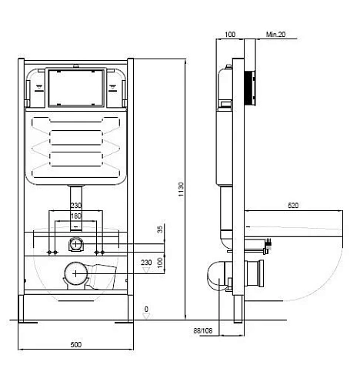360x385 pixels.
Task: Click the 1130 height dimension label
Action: (x=182, y=189)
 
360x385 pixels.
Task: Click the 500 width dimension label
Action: (x=76, y=344)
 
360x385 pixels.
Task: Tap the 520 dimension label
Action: (x=293, y=206)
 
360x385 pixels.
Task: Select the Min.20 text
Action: (x=275, y=35)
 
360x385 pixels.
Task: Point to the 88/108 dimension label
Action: (x=203, y=331)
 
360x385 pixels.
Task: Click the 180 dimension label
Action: (x=75, y=216)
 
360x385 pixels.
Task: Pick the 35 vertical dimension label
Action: (x=160, y=229)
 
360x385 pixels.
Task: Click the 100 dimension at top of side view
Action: (x=230, y=35)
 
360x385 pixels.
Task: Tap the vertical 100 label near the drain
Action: (x=160, y=263)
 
